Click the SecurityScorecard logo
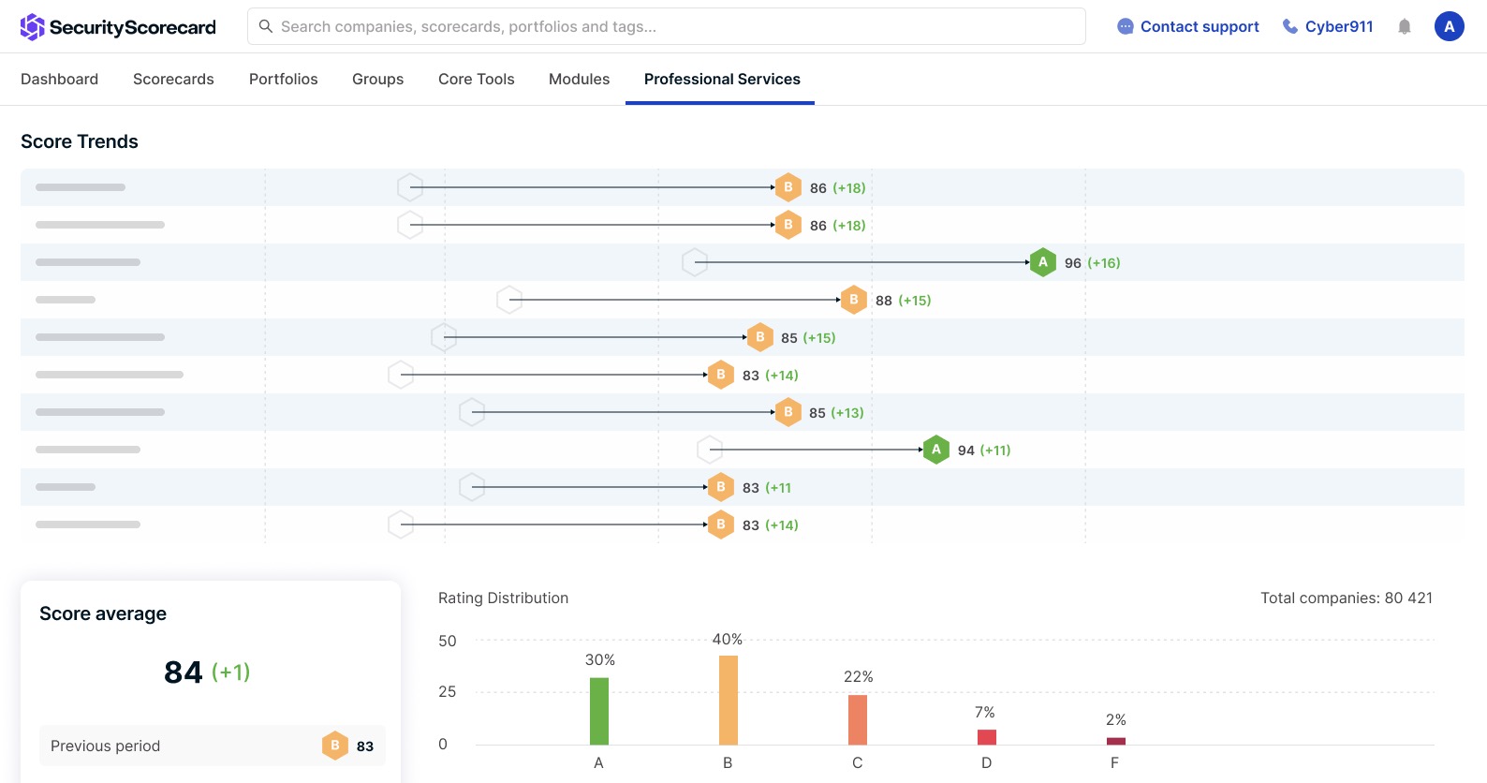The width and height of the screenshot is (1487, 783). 118,27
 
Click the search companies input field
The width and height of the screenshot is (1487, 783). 666,26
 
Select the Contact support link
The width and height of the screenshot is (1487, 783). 1188,26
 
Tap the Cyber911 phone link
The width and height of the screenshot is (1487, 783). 1328,26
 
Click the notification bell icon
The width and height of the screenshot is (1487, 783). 1404,27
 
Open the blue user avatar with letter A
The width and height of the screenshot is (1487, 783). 1449,26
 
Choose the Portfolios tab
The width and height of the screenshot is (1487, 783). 283,79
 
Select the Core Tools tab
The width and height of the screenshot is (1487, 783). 476,79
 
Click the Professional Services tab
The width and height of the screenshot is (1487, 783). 721,79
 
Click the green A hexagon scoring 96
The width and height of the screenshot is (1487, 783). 1042,262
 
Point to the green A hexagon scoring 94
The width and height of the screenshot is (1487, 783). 935,450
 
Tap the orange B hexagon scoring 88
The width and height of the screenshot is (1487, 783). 853,300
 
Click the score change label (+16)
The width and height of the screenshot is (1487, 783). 1103,263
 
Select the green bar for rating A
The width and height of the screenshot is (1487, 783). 599,711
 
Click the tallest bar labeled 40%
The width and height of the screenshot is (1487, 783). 728,700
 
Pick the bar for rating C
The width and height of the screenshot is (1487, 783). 857,719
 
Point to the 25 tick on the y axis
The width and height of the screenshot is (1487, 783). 447,692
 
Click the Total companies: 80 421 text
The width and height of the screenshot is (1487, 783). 1346,598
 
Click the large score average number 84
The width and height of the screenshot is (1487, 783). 184,672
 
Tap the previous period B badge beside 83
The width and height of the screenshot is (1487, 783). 334,746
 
